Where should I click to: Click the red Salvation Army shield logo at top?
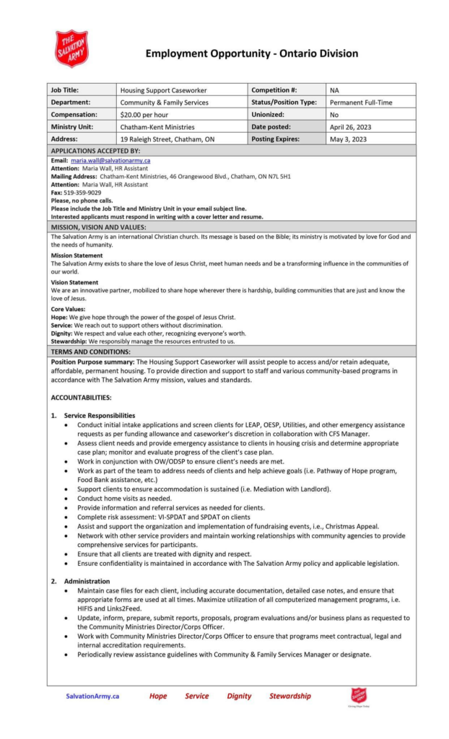click(71, 48)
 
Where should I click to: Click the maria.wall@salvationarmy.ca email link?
click(110, 160)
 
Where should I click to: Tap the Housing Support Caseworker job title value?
click(163, 90)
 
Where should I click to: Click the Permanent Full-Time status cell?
click(361, 102)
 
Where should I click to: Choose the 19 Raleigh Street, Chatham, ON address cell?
click(167, 139)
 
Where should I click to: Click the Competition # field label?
click(274, 90)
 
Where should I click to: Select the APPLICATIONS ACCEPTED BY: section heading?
click(95, 150)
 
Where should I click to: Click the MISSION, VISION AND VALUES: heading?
click(98, 227)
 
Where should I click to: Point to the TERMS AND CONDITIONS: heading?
click(90, 351)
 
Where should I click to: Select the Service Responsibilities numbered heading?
click(99, 415)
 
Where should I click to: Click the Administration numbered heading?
click(87, 581)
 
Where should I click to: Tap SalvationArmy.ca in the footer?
click(92, 696)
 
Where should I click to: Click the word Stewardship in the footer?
click(290, 696)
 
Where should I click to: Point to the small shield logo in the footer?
click(359, 696)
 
